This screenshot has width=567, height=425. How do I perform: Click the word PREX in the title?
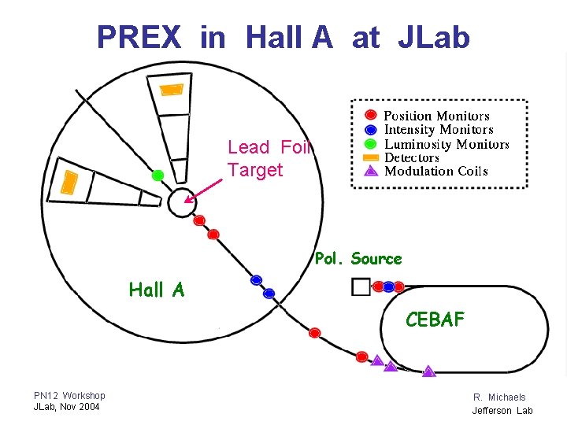click(x=139, y=37)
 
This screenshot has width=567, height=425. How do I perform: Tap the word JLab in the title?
click(x=433, y=37)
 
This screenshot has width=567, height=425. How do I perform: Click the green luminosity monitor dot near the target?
click(x=157, y=175)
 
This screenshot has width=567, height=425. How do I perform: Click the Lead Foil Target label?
click(x=269, y=158)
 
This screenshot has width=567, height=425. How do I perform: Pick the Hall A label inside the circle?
click(x=157, y=290)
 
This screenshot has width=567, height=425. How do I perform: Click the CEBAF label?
click(x=435, y=320)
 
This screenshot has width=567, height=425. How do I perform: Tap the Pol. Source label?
click(x=358, y=259)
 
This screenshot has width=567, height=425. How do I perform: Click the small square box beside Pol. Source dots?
click(x=361, y=286)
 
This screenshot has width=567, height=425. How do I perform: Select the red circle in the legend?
click(x=371, y=115)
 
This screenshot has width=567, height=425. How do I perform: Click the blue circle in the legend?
click(x=371, y=129)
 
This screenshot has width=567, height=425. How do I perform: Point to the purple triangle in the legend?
click(x=371, y=171)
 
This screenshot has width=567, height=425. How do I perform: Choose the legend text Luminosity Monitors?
click(x=447, y=144)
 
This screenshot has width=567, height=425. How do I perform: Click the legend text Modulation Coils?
click(x=435, y=171)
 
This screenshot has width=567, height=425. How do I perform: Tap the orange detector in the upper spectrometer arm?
click(x=172, y=88)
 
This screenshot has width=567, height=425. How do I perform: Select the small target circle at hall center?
click(x=181, y=203)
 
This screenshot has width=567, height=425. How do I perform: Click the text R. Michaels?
click(x=499, y=397)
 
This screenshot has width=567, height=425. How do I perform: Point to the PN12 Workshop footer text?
click(x=69, y=395)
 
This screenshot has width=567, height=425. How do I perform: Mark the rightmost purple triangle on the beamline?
click(x=428, y=371)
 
